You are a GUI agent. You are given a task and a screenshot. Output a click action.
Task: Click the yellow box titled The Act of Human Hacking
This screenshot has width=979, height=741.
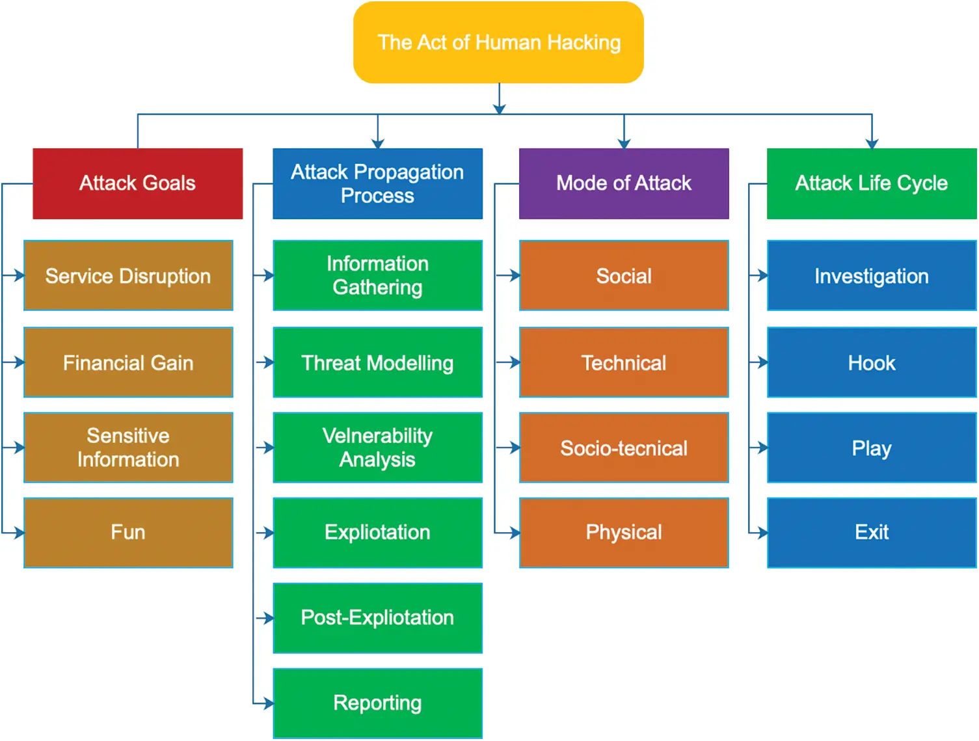pos(498,42)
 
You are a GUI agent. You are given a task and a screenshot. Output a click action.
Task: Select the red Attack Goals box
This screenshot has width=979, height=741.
pos(137,183)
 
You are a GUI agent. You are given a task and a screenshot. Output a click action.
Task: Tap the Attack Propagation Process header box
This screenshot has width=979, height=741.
pos(377,183)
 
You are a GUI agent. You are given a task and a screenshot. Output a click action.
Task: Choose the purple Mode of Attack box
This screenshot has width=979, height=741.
pos(623,183)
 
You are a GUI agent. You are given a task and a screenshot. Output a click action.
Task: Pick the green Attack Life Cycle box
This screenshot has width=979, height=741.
pos(871,183)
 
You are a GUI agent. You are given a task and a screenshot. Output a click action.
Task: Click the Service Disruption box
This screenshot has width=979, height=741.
pos(128,276)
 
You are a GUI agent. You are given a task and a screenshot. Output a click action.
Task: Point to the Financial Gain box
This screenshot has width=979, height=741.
pos(128,362)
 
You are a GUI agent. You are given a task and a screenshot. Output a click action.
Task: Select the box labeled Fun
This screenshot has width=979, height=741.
pos(128,532)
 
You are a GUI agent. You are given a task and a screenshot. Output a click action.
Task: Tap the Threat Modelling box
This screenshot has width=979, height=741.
pos(377,362)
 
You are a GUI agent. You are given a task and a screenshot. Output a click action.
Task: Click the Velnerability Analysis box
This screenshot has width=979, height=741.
pos(377,448)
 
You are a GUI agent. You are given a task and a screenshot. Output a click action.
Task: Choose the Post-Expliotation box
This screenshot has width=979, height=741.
pos(377,617)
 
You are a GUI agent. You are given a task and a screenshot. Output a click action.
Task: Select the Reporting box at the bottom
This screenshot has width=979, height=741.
pos(377,703)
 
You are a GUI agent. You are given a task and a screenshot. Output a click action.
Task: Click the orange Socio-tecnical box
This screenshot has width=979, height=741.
pos(623,448)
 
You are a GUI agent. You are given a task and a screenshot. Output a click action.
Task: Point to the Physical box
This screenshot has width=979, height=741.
pos(623,532)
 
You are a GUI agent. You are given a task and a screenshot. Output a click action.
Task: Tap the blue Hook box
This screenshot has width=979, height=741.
pos(871,362)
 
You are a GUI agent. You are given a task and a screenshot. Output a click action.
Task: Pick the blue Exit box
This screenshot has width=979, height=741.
pos(871,532)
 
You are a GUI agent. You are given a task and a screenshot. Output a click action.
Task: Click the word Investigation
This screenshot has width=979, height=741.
pos(871,276)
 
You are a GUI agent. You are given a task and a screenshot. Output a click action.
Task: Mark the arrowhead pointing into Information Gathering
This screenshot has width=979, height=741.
pos(269,276)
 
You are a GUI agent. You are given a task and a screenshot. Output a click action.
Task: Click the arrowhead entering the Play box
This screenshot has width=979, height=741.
pos(762,448)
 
